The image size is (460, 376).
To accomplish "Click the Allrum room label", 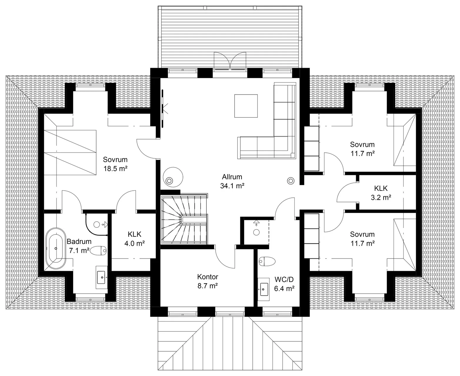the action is [x=232, y=177].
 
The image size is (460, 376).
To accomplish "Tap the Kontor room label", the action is [x=208, y=277].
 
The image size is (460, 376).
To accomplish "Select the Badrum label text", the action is [x=79, y=241].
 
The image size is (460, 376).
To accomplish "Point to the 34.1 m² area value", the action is [x=232, y=186].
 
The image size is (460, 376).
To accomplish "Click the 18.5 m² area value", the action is [x=115, y=169].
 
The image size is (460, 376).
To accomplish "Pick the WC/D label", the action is [x=284, y=279].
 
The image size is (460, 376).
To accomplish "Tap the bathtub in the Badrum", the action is [x=56, y=248].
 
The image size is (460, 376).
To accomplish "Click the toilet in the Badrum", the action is [x=98, y=251].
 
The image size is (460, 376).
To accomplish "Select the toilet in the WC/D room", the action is [x=267, y=261].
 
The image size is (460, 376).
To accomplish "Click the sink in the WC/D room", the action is [x=264, y=289].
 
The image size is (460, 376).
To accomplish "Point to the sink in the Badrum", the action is [x=101, y=277].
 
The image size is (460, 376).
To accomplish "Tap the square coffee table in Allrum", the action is [x=246, y=106].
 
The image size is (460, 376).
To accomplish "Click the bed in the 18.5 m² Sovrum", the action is [x=70, y=152].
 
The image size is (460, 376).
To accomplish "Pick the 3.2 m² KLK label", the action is [x=381, y=193].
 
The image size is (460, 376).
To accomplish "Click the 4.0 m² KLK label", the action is [x=135, y=239].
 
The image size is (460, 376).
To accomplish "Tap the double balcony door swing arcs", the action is [x=230, y=61].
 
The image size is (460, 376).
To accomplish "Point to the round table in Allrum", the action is [x=173, y=177].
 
